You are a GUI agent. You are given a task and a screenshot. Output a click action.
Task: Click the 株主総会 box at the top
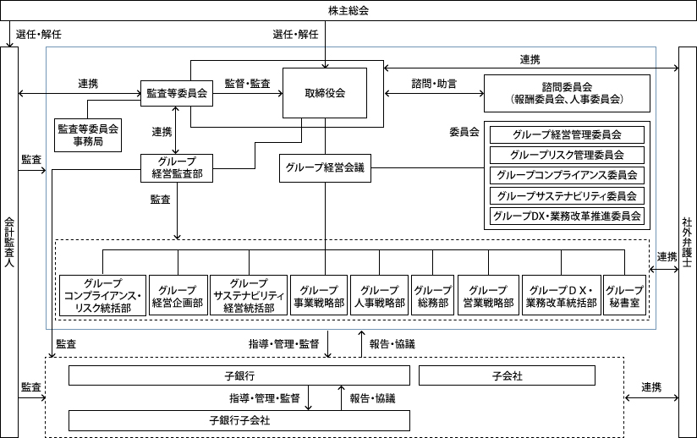(x=348, y=11)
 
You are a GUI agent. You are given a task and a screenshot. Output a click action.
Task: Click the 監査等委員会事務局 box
(x=88, y=135)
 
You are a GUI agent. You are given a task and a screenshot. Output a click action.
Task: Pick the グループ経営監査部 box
(x=177, y=168)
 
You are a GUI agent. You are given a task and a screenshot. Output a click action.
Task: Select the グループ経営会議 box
(x=325, y=168)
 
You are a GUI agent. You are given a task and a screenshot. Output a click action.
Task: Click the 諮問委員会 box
(x=568, y=93)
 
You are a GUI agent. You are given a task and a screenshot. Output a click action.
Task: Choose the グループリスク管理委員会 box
(x=567, y=155)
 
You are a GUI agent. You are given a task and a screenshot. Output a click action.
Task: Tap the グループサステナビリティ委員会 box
(x=567, y=195)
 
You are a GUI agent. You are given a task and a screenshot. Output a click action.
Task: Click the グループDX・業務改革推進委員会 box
(x=567, y=216)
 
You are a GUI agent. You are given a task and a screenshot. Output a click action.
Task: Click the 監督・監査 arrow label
(x=247, y=84)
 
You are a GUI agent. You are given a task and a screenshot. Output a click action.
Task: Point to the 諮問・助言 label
(x=434, y=84)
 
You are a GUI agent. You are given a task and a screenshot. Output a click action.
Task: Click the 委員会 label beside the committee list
(x=464, y=132)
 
